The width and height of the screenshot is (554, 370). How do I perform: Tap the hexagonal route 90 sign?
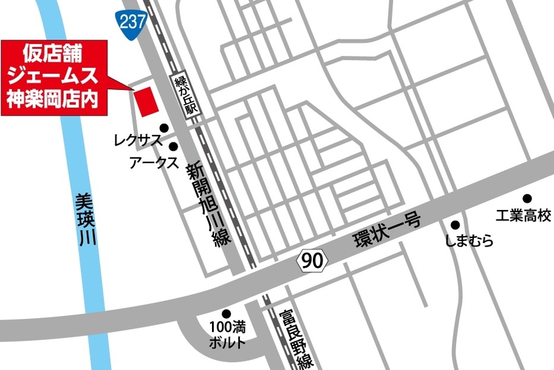coord(312,261)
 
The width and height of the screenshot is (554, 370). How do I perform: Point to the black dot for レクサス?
coord(163,128)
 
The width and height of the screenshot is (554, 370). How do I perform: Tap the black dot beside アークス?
coord(174,147)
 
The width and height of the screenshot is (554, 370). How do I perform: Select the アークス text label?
coord(154,162)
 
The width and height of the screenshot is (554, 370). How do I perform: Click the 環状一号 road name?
coord(386,231)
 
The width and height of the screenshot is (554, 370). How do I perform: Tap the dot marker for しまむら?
coord(455,225)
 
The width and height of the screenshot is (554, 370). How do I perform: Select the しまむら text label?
coord(468,242)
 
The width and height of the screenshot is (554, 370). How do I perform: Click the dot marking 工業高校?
coord(527,198)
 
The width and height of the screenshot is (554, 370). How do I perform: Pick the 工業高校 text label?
coord(523,215)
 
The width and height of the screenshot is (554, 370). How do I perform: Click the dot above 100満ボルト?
coord(226,314)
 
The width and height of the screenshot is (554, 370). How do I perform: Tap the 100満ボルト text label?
coord(227,335)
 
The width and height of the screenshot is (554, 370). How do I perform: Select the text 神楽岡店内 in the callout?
coord(53,97)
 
